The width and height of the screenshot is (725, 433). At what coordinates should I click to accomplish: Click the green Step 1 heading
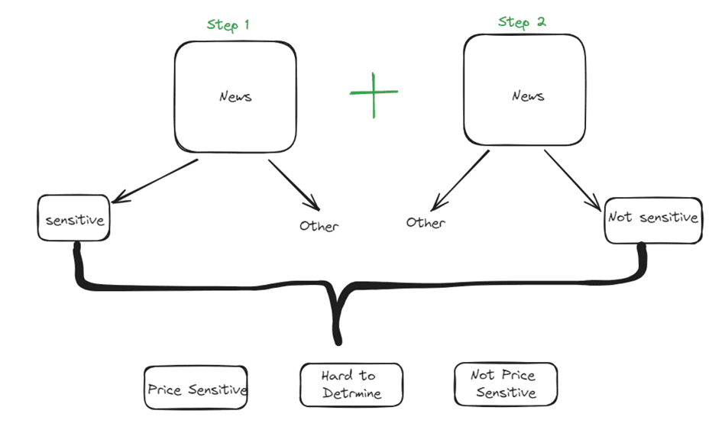click(228, 25)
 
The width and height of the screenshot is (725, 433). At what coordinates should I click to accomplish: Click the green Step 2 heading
click(522, 21)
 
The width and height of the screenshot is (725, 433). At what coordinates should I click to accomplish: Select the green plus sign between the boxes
click(374, 94)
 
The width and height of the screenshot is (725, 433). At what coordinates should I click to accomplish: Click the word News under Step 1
click(235, 97)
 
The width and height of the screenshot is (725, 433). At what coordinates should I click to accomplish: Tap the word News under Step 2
click(528, 95)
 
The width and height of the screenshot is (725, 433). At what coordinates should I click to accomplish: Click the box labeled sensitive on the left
click(73, 220)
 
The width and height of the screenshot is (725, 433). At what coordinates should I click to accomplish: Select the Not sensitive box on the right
click(652, 218)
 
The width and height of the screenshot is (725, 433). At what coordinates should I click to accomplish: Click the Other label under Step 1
click(319, 226)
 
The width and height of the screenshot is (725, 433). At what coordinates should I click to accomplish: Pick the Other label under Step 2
click(426, 223)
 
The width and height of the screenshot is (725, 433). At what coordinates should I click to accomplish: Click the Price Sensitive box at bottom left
click(196, 389)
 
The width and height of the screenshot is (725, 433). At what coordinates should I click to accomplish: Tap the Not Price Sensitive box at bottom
click(505, 384)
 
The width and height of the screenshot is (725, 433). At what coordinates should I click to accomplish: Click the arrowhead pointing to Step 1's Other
click(313, 206)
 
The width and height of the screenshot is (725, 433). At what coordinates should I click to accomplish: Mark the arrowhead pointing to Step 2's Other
click(435, 205)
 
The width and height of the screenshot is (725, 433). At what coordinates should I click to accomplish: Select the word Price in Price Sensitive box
click(164, 390)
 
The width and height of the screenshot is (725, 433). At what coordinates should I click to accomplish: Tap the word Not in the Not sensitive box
click(620, 218)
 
